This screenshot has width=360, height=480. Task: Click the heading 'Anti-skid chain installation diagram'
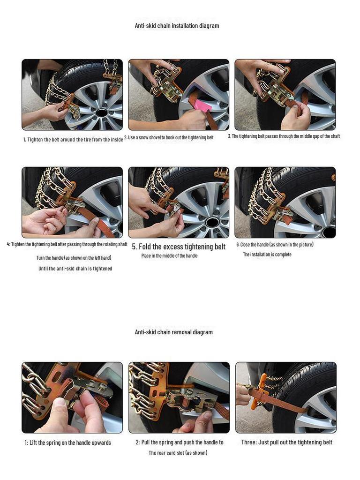177,26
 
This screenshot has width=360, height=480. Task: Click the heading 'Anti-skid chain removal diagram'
173,332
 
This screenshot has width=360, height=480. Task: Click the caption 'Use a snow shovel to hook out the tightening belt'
169,137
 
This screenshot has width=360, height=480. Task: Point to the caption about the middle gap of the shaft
284,136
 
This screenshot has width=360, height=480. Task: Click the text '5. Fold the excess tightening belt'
179,247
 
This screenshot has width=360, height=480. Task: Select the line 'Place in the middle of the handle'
169,256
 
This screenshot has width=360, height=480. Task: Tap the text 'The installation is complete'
267,255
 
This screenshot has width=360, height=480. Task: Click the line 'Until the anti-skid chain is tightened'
75,269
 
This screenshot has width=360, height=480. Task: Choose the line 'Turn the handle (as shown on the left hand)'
74,258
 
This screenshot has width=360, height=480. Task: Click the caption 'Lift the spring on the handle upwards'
67,442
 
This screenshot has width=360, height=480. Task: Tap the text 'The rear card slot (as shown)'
178,453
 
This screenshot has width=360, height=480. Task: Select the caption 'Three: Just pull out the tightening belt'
286,442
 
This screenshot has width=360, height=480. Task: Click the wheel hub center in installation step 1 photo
102,112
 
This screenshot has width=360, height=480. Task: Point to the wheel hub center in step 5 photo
212,222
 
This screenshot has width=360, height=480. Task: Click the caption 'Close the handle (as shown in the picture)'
275,245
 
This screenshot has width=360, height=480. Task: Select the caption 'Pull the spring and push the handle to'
180,442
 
